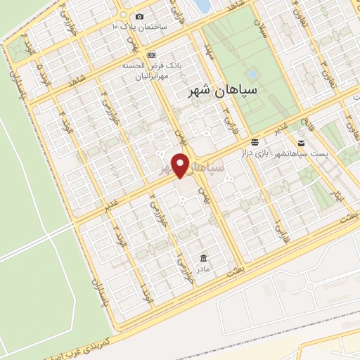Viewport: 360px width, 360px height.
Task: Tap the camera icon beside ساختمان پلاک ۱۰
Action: point(140,17)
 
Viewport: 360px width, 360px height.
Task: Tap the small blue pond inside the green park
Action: point(252,73)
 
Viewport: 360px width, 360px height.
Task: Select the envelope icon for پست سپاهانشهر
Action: point(301,143)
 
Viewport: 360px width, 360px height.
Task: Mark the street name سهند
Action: point(208,52)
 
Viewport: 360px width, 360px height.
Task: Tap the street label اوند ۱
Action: point(144,290)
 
